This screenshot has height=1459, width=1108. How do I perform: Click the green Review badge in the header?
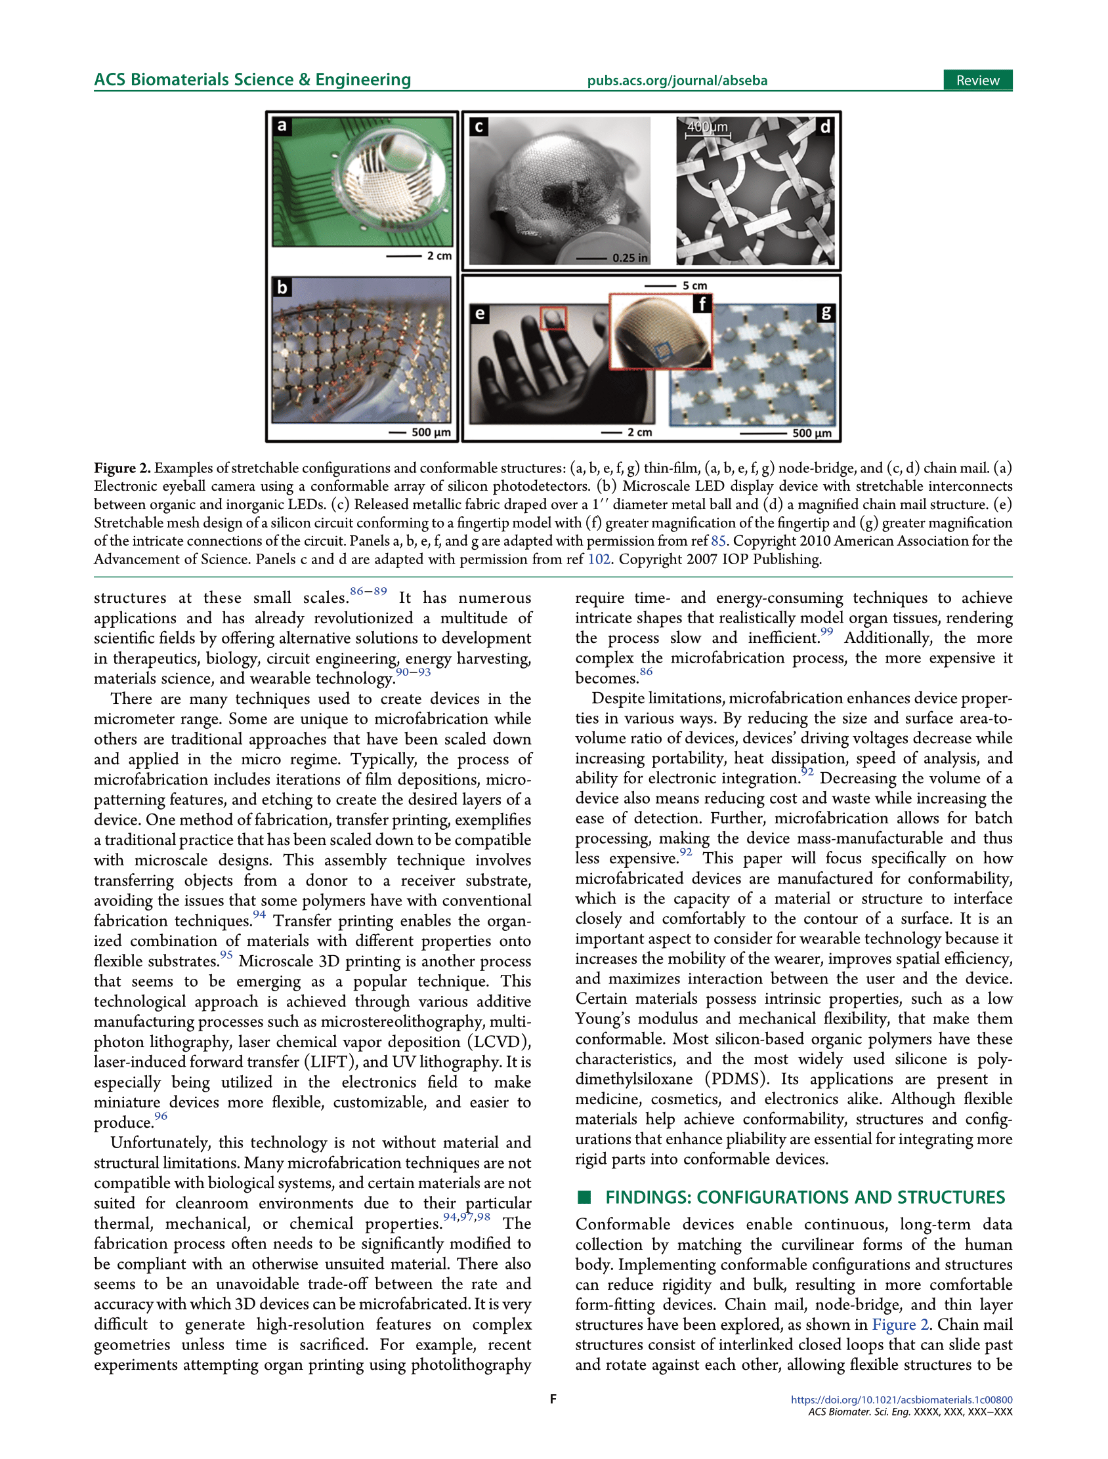pyautogui.click(x=977, y=81)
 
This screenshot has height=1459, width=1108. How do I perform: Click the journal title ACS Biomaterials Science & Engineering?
pyautogui.click(x=252, y=80)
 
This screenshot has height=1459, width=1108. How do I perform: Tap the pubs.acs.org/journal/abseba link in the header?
pyautogui.click(x=677, y=81)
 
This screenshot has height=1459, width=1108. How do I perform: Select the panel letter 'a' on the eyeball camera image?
pyautogui.click(x=282, y=125)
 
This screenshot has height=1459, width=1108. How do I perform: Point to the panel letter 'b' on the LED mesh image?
pyautogui.click(x=282, y=287)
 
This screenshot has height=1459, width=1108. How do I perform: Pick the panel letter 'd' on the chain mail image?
pyautogui.click(x=824, y=126)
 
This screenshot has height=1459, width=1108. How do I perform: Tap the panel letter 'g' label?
pyautogui.click(x=826, y=313)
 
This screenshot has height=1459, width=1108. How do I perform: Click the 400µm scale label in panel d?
pyautogui.click(x=708, y=127)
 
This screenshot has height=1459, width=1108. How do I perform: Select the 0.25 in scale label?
pyautogui.click(x=629, y=258)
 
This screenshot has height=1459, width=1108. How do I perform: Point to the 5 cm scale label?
pyautogui.click(x=694, y=285)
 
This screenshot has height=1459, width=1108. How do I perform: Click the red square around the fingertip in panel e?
pyautogui.click(x=553, y=318)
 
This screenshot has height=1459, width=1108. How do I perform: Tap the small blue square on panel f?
pyautogui.click(x=662, y=351)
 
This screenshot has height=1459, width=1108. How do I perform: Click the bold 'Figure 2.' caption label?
pyautogui.click(x=122, y=468)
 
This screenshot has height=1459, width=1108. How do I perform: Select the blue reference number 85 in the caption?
pyautogui.click(x=718, y=541)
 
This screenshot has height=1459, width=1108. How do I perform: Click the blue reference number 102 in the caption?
pyautogui.click(x=599, y=560)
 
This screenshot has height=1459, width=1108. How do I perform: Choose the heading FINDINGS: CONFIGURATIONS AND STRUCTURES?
pyautogui.click(x=805, y=1197)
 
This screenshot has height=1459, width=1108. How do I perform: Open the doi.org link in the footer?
pyautogui.click(x=901, y=1400)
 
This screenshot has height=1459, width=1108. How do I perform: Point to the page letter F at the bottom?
pyautogui.click(x=553, y=1399)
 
